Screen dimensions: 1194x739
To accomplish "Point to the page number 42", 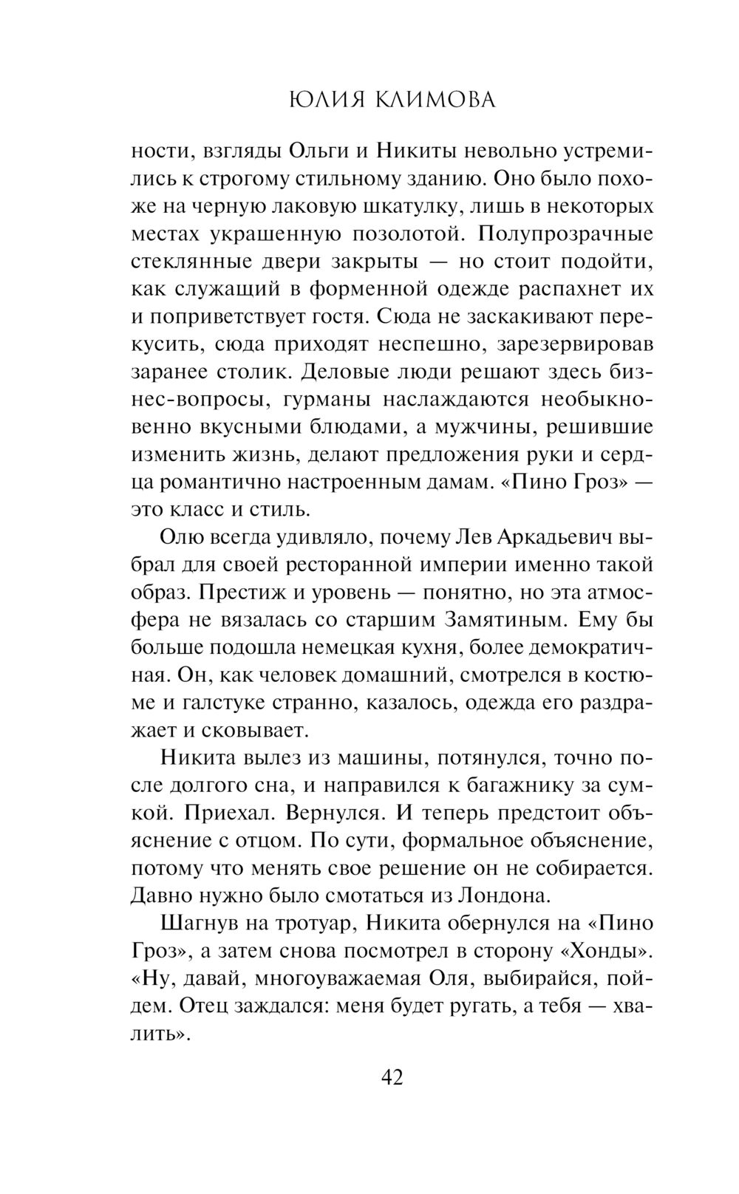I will coord(392,1077).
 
